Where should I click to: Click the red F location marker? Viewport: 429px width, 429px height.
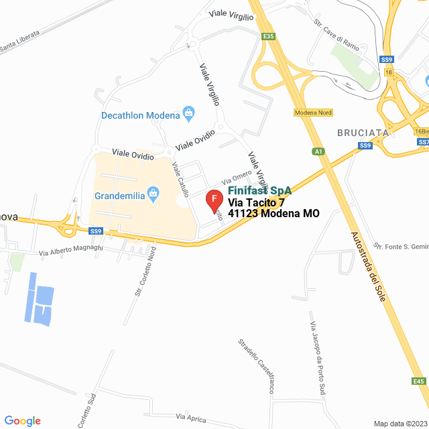tap(214, 200)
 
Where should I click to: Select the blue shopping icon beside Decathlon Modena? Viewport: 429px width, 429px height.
tap(188, 113)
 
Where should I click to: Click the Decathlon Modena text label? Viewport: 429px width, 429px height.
tap(141, 115)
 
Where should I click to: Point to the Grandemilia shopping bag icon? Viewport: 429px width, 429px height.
tap(154, 196)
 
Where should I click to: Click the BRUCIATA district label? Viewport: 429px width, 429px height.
tap(363, 133)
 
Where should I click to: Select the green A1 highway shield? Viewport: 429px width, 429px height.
tap(319, 151)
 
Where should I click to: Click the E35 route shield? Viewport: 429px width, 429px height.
tap(269, 36)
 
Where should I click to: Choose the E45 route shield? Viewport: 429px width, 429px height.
tap(419, 381)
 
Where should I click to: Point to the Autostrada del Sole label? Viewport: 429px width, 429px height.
tap(368, 265)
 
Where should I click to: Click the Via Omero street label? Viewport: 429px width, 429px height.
tap(237, 178)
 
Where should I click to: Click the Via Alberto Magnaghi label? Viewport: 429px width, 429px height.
tap(71, 250)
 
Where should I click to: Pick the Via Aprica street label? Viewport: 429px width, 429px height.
tap(191, 418)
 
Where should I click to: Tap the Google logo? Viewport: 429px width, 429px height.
tap(21, 420)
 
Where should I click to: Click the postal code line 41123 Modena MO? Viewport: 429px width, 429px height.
tap(273, 214)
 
